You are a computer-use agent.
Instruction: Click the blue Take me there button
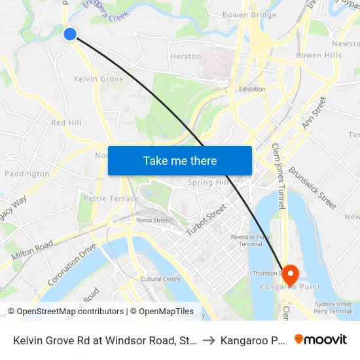click(x=180, y=160)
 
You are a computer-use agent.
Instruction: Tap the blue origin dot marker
click(x=70, y=33)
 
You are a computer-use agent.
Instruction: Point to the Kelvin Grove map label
click(x=99, y=79)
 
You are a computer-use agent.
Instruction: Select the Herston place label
click(x=186, y=56)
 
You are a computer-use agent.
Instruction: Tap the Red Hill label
click(x=66, y=122)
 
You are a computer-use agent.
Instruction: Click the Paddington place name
click(x=27, y=174)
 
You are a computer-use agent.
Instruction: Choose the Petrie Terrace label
click(x=111, y=198)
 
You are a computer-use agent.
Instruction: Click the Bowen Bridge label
click(x=249, y=14)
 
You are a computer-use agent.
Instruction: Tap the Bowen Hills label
click(x=319, y=56)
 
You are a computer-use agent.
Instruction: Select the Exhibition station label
click(x=252, y=89)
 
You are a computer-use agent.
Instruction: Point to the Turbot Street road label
click(x=206, y=220)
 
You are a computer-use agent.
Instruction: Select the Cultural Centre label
click(x=160, y=279)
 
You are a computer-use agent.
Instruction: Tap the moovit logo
click(x=321, y=340)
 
